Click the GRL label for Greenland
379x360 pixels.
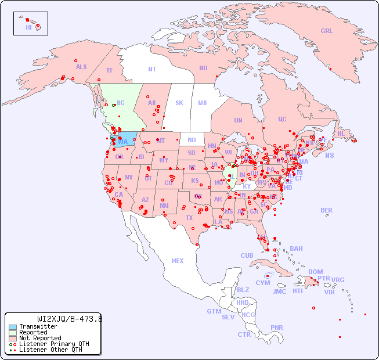(327, 31)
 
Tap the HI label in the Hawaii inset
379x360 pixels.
(28, 27)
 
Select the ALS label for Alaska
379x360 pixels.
(81, 67)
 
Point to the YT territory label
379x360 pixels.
(109, 70)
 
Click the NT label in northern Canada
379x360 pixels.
(151, 69)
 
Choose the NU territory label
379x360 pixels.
(203, 68)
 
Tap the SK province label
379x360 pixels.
(179, 103)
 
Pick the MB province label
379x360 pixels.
(202, 103)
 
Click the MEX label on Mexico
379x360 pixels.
(178, 261)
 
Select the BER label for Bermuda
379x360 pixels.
(327, 210)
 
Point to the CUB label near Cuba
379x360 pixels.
(247, 255)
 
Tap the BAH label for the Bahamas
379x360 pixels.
(296, 249)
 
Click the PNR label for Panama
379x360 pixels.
(277, 327)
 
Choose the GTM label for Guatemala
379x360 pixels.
(214, 311)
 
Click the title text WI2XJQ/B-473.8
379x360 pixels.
(70, 319)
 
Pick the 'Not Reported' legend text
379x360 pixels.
(40, 338)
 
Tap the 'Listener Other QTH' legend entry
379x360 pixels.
(50, 350)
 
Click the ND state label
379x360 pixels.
(192, 140)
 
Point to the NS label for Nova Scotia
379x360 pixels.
(329, 155)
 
